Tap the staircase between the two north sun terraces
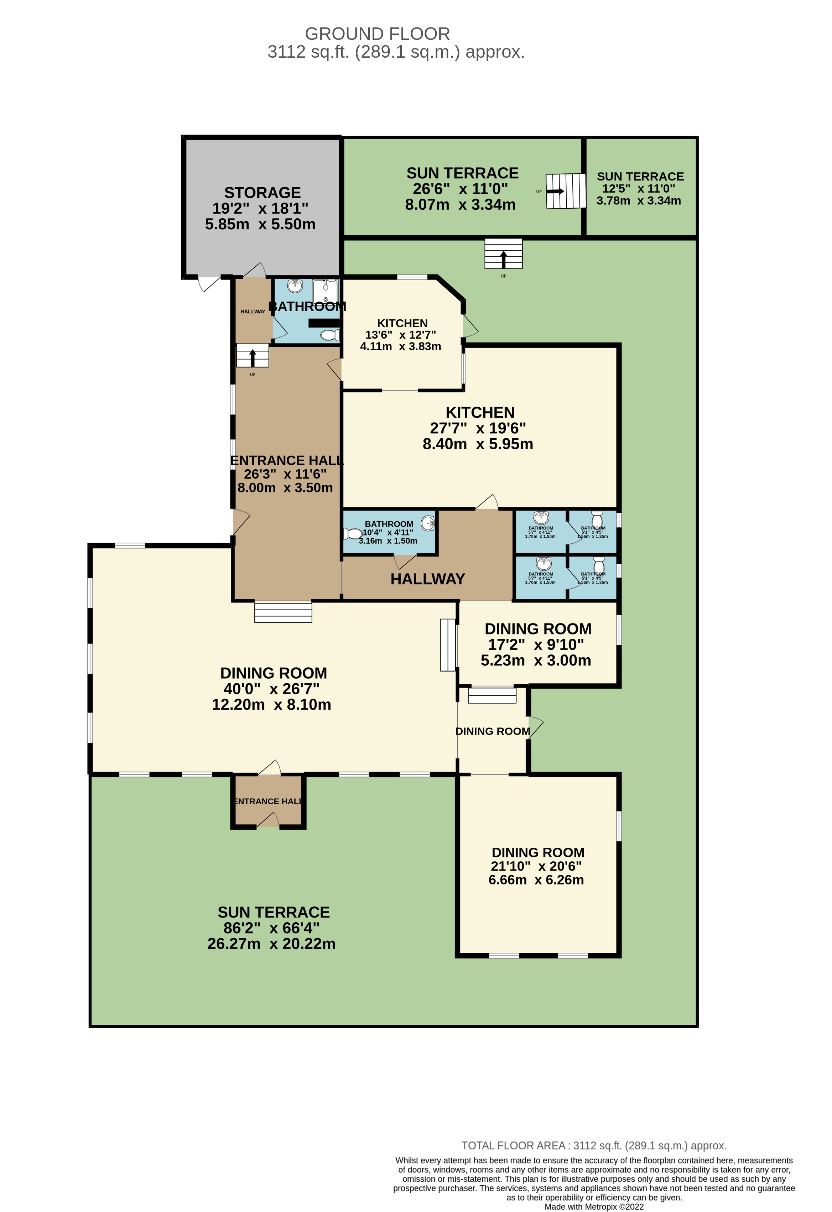point(566,191)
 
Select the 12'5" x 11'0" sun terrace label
point(640,188)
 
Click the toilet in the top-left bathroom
point(330,335)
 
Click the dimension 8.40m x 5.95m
point(478,444)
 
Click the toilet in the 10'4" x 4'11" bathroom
point(354,533)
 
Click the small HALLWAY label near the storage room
point(253,311)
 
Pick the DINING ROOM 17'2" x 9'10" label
point(537,644)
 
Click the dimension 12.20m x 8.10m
point(271,705)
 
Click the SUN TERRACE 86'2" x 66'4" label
point(272,928)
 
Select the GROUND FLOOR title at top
point(377,34)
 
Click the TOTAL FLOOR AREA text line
point(594,1146)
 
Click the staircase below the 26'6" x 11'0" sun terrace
point(503,254)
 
